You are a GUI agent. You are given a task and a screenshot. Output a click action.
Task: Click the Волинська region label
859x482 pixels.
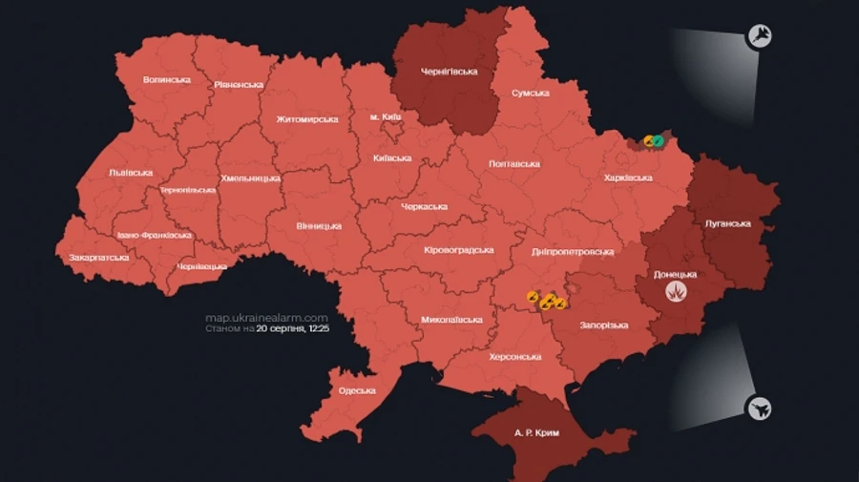(166, 79)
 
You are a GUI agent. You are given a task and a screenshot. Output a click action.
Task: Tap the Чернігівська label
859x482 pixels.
(449, 71)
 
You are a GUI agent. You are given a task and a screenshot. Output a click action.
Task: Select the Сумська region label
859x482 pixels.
(530, 93)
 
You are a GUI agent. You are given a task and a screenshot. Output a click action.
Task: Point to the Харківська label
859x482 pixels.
(628, 178)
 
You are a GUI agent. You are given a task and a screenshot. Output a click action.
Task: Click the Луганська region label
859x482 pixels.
(727, 223)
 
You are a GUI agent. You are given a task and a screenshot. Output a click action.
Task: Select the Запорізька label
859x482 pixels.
(603, 325)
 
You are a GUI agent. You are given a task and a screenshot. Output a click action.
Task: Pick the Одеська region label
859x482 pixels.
(357, 390)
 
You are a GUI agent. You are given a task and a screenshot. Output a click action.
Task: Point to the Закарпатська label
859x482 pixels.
(98, 258)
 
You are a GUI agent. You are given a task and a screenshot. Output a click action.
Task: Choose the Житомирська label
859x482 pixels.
(307, 119)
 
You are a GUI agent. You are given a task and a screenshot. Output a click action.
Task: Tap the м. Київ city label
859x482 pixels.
(386, 116)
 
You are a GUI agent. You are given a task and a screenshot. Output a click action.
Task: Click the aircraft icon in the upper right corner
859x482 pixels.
(761, 37)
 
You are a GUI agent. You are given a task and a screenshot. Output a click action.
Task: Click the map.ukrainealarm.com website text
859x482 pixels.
(266, 318)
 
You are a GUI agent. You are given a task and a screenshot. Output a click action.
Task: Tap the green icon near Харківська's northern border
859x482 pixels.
(658, 140)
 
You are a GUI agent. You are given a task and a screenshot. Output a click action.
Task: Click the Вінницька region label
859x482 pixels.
(318, 226)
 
